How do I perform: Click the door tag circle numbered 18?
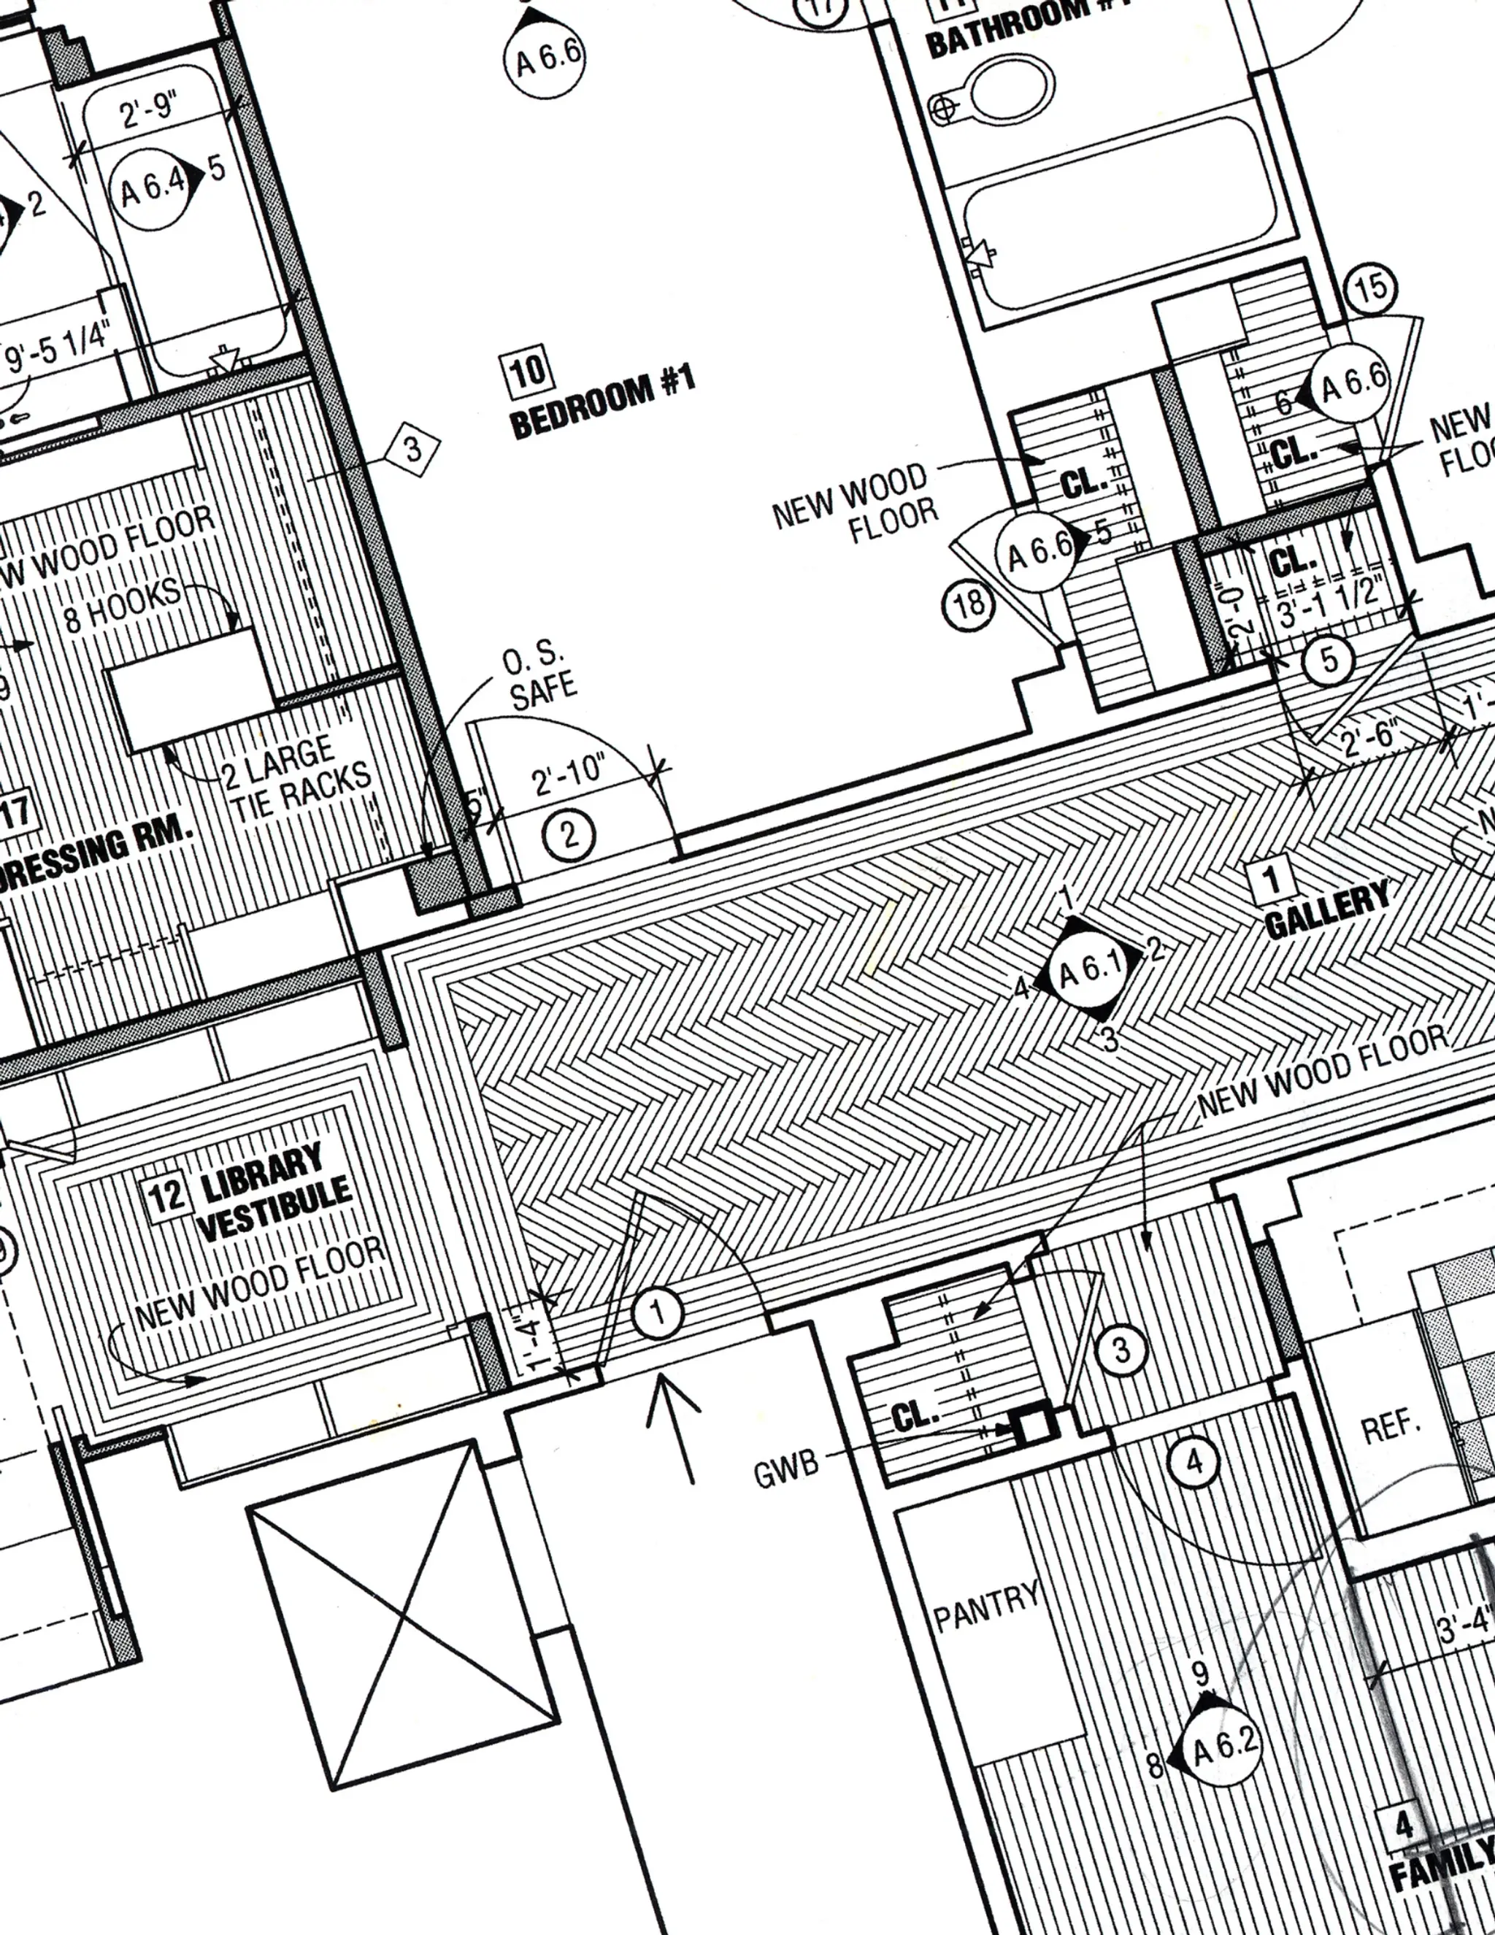point(968,604)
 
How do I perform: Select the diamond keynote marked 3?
point(412,450)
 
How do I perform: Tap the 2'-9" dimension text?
point(149,110)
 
